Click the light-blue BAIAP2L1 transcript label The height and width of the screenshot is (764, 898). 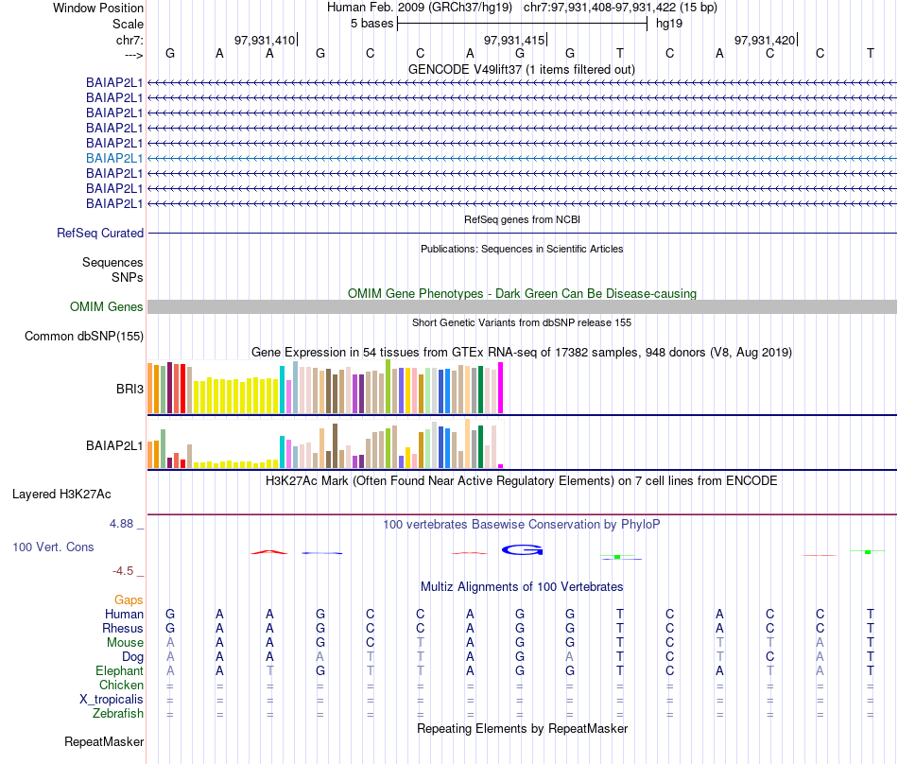coord(114,158)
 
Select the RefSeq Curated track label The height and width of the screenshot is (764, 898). coord(100,233)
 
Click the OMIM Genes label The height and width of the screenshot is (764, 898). coord(107,306)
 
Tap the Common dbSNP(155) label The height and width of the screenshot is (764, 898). coord(84,336)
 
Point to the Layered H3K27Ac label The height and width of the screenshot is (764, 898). coord(61,494)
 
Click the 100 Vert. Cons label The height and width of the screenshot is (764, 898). coord(54,547)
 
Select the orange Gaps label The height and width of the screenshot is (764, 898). coord(129,599)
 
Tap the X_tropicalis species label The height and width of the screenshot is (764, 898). coord(112,699)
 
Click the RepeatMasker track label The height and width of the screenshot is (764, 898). coord(104,742)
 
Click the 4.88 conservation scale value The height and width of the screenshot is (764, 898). coord(127,523)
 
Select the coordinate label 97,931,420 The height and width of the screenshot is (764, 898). coord(765,40)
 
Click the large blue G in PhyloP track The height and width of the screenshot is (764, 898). coord(522,549)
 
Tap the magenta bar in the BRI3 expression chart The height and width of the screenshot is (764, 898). coord(500,388)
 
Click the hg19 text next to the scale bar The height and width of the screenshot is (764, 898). coord(669,23)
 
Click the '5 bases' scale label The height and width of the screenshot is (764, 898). coord(371,23)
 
